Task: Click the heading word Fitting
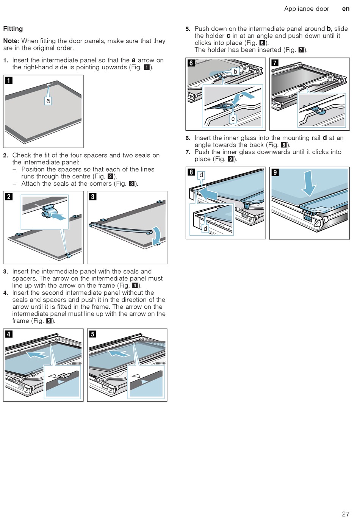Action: click(x=13, y=29)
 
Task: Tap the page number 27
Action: click(x=345, y=514)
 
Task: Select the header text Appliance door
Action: click(x=307, y=9)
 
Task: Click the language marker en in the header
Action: click(x=346, y=9)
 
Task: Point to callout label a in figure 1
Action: click(x=48, y=101)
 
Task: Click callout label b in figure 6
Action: click(x=235, y=72)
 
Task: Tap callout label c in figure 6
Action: click(x=233, y=119)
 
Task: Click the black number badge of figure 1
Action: click(x=9, y=80)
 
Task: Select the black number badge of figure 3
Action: click(x=92, y=196)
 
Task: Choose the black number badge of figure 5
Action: click(x=92, y=334)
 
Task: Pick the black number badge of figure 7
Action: click(x=275, y=63)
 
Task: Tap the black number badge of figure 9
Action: click(x=275, y=172)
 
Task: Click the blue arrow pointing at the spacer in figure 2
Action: click(x=59, y=217)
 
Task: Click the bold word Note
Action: click(x=11, y=41)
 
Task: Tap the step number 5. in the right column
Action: click(x=188, y=29)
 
